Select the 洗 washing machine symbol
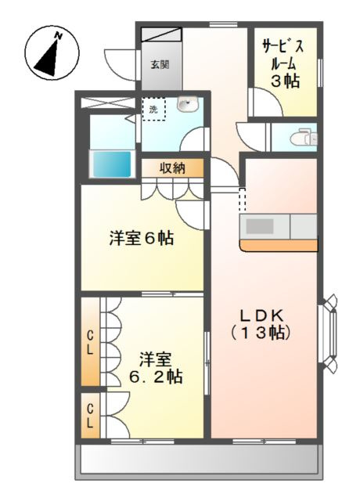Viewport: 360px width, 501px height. click(153, 108)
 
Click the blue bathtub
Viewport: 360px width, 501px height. click(112, 165)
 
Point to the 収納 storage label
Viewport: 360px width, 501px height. click(173, 168)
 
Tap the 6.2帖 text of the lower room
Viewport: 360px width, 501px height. click(156, 377)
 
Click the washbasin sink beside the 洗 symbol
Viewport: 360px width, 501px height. click(187, 106)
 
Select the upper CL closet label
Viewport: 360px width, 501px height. click(91, 343)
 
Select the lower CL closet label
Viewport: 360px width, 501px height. click(91, 416)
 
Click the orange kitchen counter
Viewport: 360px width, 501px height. click(278, 246)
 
